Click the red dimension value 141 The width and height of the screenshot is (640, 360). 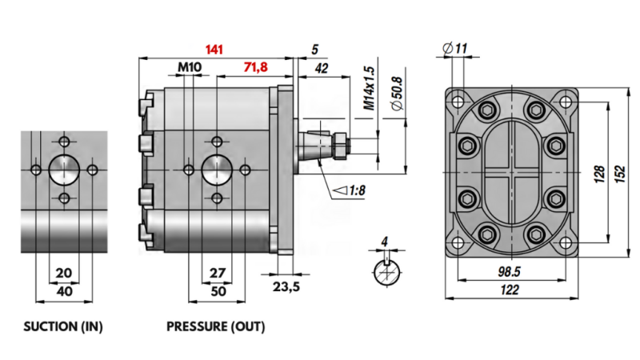click(214, 50)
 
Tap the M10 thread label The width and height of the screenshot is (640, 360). click(190, 68)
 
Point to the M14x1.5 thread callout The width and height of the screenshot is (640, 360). click(369, 88)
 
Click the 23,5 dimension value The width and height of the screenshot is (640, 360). click(286, 288)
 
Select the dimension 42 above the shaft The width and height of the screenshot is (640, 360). click(322, 69)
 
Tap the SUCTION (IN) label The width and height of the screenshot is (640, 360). click(63, 326)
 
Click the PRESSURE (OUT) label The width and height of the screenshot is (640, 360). click(215, 326)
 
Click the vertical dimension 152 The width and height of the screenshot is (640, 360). click(618, 174)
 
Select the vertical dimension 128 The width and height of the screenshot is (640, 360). click(598, 174)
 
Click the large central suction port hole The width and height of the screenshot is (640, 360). click(64, 170)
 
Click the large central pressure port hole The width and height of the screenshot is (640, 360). click(216, 169)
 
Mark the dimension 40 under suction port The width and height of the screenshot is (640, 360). click(65, 291)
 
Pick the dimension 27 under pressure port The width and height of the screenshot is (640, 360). click(217, 272)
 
